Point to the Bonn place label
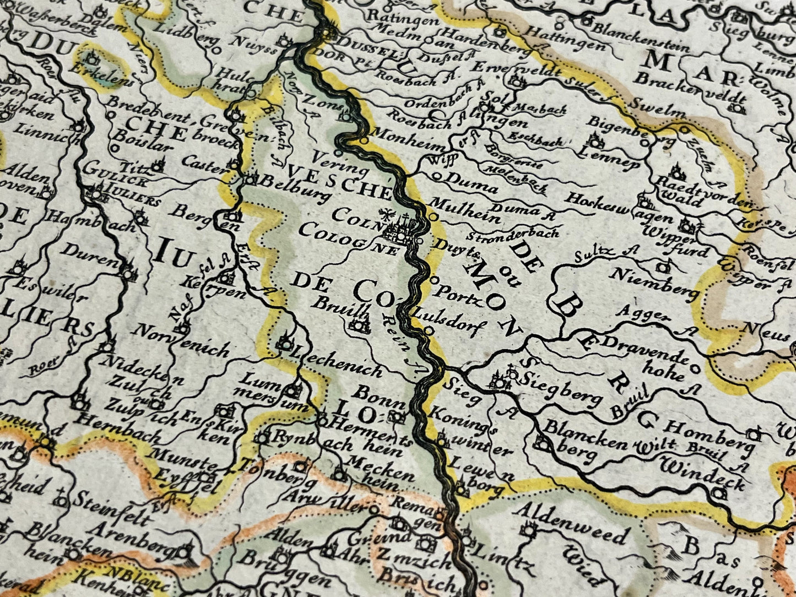click(378, 394)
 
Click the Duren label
click(97, 256)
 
